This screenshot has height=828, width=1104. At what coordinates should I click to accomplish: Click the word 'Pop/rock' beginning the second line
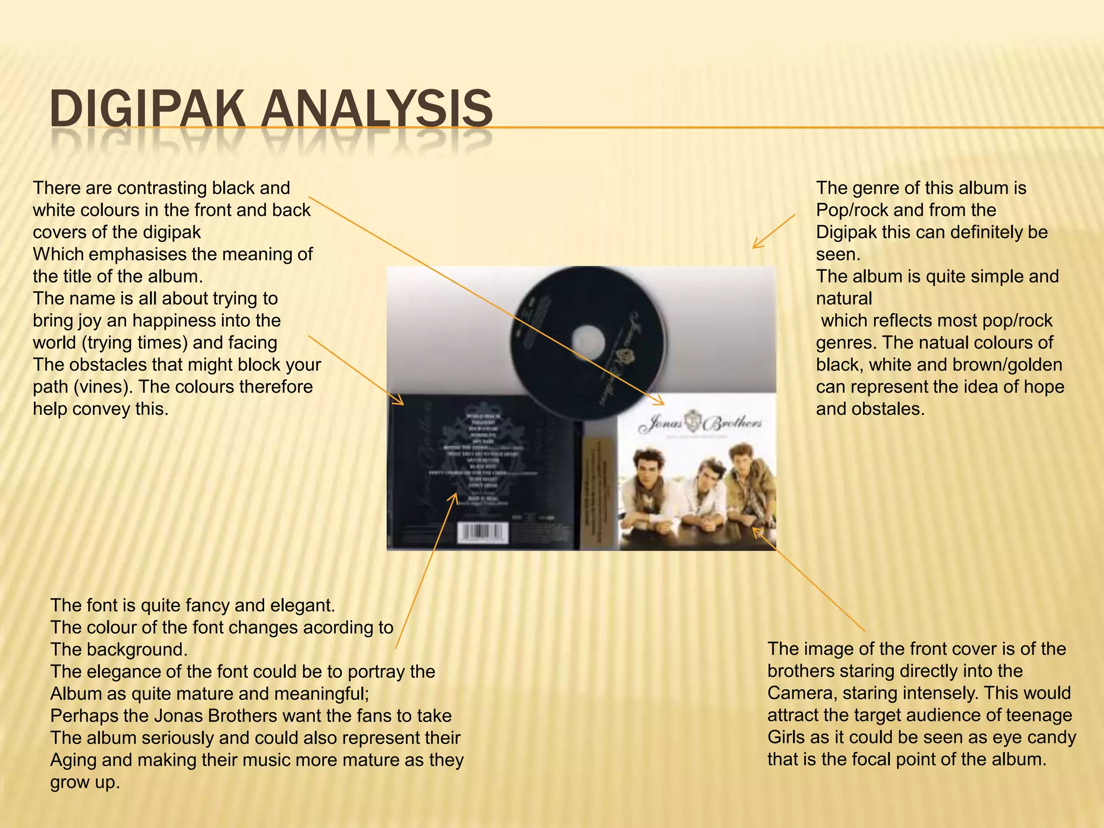852,210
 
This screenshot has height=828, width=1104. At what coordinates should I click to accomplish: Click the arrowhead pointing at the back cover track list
454,496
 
